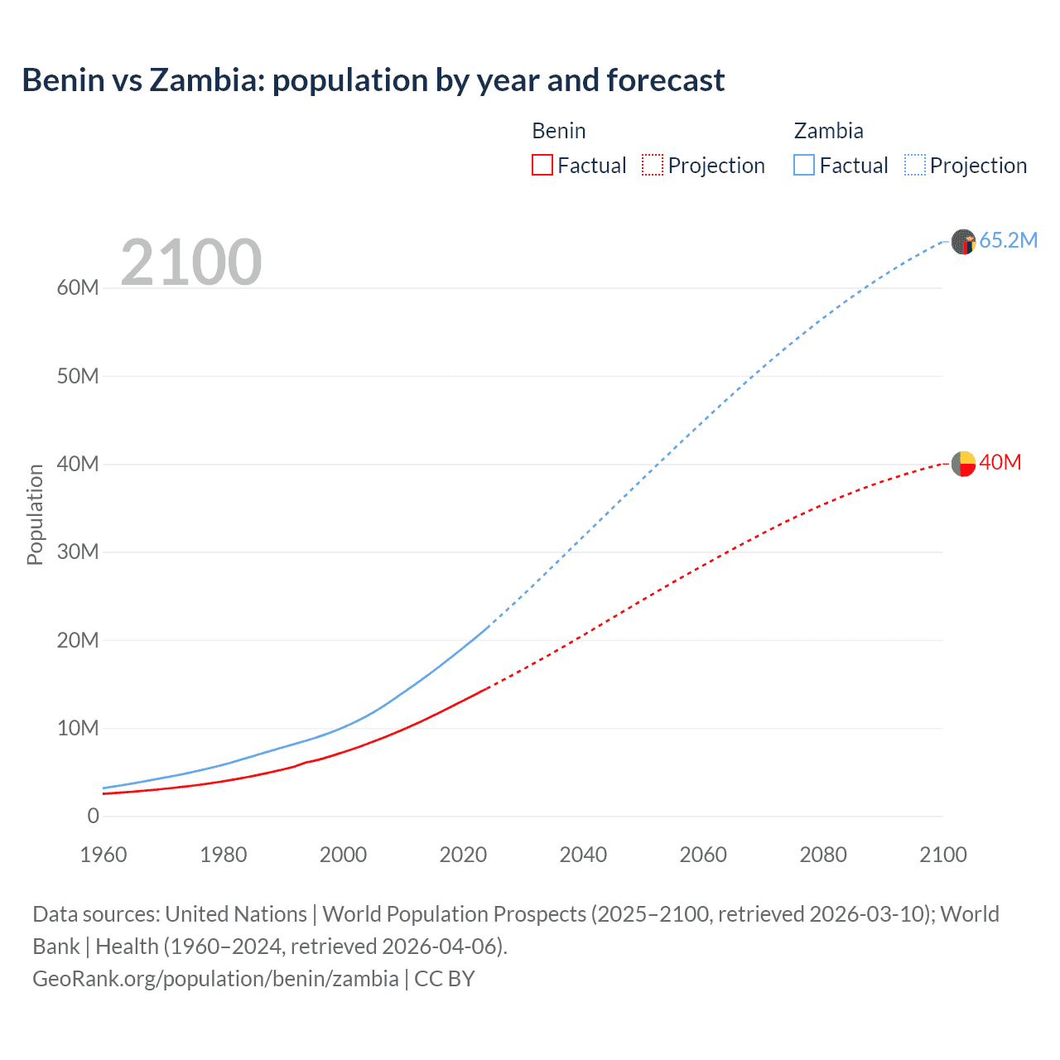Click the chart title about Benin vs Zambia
click(x=373, y=80)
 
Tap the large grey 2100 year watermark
click(x=191, y=263)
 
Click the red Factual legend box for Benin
click(x=542, y=166)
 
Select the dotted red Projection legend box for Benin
click(x=653, y=166)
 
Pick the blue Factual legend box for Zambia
click(x=804, y=166)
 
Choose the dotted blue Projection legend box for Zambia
click(x=915, y=166)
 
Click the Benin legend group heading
click(x=559, y=131)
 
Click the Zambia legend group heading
click(x=828, y=131)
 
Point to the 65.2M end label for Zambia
click(x=1008, y=240)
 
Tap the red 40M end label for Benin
click(x=1000, y=462)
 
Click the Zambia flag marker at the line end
click(x=963, y=242)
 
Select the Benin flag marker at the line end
click(x=963, y=464)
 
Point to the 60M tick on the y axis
click(x=78, y=288)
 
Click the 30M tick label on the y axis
click(x=78, y=552)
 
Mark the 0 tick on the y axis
click(x=93, y=817)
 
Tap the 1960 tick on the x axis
click(x=104, y=855)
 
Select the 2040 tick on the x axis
click(x=583, y=855)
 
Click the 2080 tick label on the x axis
click(x=823, y=855)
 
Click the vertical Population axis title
click(x=35, y=514)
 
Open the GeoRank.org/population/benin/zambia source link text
click(x=215, y=979)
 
